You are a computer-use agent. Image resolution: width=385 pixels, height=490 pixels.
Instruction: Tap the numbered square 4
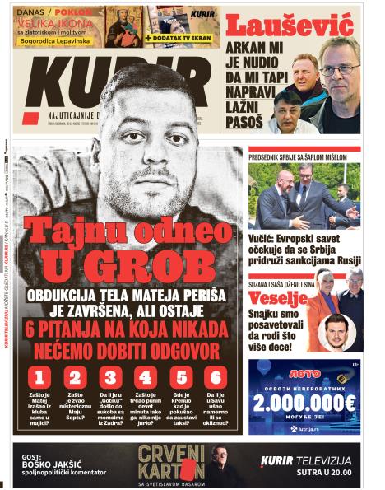point(146,378)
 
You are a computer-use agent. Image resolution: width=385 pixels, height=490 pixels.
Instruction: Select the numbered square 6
point(216,378)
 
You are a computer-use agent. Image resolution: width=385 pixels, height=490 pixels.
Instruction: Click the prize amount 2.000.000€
point(304,403)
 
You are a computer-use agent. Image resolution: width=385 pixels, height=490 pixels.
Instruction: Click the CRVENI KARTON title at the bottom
point(171,462)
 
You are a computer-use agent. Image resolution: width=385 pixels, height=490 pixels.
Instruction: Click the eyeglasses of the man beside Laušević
point(339,69)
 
